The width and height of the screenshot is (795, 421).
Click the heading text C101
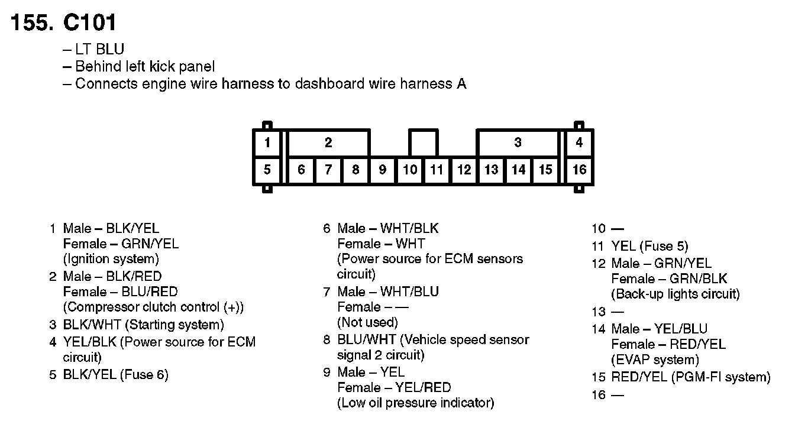pos(89,22)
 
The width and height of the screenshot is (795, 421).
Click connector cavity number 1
pos(267,143)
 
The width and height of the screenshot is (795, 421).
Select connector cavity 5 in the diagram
pos(267,170)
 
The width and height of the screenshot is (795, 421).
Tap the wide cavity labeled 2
pos(328,143)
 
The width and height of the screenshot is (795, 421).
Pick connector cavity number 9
pos(383,170)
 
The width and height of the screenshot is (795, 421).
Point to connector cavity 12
pos(464,170)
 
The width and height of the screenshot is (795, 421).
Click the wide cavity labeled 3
pos(518,143)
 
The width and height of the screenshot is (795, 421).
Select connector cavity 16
pos(580,170)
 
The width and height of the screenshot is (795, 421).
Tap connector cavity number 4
pos(580,143)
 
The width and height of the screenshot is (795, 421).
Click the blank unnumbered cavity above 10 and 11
pos(423,143)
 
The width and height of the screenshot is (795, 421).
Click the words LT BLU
pos(99,50)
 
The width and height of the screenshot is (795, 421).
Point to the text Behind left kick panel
pos(145,67)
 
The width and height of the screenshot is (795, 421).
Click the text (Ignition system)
pos(111,259)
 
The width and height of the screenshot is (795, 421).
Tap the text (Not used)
pos(367,322)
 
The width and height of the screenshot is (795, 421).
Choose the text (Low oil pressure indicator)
pos(415,403)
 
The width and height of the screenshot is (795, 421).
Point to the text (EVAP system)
pos(655,360)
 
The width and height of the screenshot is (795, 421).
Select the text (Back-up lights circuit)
pos(675,294)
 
